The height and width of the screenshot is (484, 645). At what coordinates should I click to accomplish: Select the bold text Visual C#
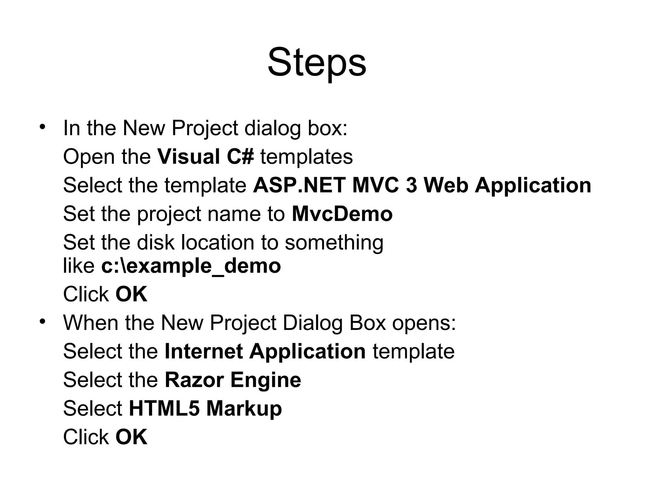(x=205, y=157)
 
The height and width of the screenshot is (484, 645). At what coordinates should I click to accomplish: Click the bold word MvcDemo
(x=342, y=214)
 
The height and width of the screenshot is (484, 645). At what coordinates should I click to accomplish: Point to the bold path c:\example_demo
(x=191, y=266)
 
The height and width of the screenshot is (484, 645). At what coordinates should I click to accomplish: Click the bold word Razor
(x=194, y=380)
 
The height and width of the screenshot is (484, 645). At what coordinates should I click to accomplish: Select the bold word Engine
(x=266, y=380)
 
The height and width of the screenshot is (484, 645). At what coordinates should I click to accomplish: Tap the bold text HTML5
(x=164, y=408)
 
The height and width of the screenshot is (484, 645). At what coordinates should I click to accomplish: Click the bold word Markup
(x=244, y=409)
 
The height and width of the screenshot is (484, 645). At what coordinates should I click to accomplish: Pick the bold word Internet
(x=203, y=351)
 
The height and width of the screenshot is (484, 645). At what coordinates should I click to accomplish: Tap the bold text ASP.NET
(x=299, y=185)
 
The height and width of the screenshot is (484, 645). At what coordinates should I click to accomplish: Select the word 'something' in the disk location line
(x=334, y=243)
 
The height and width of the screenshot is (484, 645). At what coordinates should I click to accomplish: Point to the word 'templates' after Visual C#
(x=306, y=157)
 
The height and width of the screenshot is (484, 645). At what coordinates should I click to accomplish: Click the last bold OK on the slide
(x=131, y=437)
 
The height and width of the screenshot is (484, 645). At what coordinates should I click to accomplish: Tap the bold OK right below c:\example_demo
(x=131, y=294)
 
